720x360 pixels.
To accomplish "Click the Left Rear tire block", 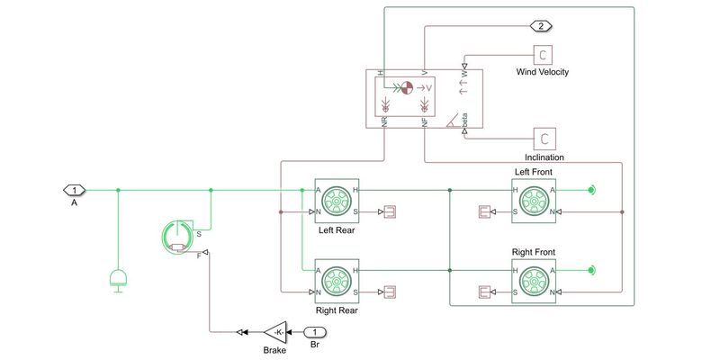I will coord(337,201).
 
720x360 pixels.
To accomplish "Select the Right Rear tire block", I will coord(337,281).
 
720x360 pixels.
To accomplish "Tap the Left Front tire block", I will coord(535,201).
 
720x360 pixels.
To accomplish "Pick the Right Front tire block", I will coord(535,281).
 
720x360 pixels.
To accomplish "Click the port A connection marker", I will coord(74,190).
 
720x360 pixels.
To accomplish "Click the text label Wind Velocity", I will coord(543,72).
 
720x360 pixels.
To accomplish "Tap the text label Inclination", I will coord(544,157).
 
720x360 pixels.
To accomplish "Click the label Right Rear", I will coord(337,310).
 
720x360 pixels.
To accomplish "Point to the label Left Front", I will coord(534,171).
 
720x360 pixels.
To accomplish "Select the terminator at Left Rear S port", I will coord(391,212).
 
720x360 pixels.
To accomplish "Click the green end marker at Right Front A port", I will coord(591,270).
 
